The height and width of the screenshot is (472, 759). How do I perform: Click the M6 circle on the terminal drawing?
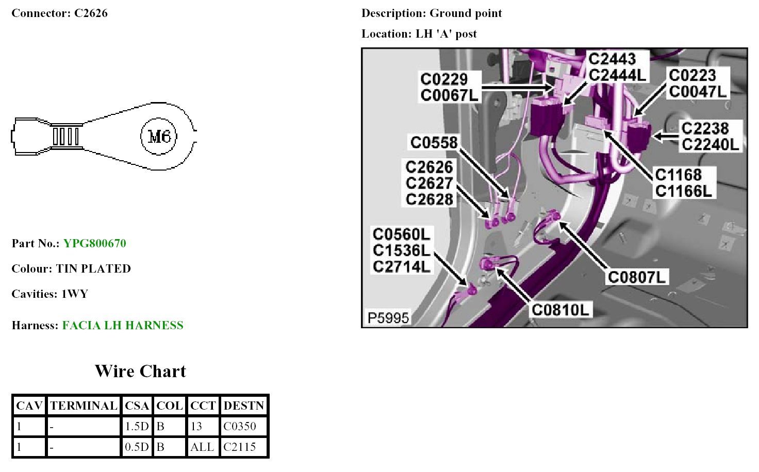[159, 137]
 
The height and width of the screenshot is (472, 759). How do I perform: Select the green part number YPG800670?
[94, 243]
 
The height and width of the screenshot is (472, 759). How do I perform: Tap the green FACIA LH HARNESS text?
[123, 325]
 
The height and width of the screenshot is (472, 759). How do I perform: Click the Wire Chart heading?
[140, 371]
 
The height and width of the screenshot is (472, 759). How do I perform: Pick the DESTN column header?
[244, 406]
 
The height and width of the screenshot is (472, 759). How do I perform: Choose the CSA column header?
[137, 406]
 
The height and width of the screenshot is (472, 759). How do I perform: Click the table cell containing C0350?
[240, 426]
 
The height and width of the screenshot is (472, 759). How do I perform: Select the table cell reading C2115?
[240, 447]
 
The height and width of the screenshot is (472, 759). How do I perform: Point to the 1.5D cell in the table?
[137, 426]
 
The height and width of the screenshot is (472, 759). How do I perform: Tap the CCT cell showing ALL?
[202, 447]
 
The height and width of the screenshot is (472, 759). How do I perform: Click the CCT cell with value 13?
[196, 426]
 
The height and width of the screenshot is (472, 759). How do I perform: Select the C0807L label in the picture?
[637, 277]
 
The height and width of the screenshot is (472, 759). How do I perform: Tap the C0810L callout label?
[560, 310]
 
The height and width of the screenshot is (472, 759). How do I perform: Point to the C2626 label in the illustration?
[429, 167]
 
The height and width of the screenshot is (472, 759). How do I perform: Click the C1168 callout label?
[678, 175]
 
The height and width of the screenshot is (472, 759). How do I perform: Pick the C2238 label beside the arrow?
[705, 128]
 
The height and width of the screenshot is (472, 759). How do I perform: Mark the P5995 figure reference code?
[388, 317]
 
